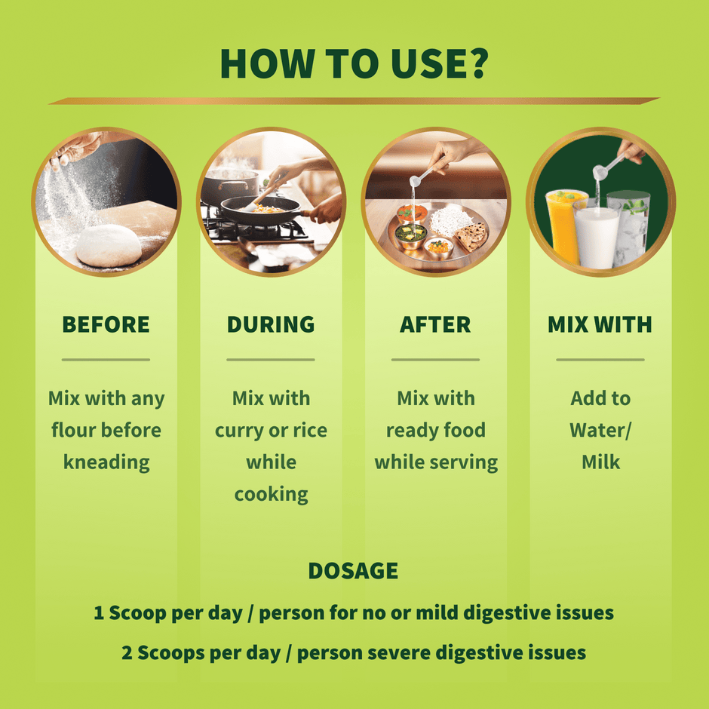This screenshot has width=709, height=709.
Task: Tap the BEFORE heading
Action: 106,324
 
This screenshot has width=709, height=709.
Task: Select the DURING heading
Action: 271,324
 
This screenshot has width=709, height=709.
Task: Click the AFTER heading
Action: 435,324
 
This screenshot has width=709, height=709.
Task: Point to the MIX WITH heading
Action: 600,324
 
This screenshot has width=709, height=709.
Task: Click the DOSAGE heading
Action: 353,571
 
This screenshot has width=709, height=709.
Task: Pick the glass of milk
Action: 597,235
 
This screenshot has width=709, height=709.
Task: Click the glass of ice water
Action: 631,226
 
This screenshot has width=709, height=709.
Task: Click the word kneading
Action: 106,462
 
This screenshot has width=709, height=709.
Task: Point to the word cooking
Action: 271,495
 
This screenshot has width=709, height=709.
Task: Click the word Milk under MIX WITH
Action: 600,462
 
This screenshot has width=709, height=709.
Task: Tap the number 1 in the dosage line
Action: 99,613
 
